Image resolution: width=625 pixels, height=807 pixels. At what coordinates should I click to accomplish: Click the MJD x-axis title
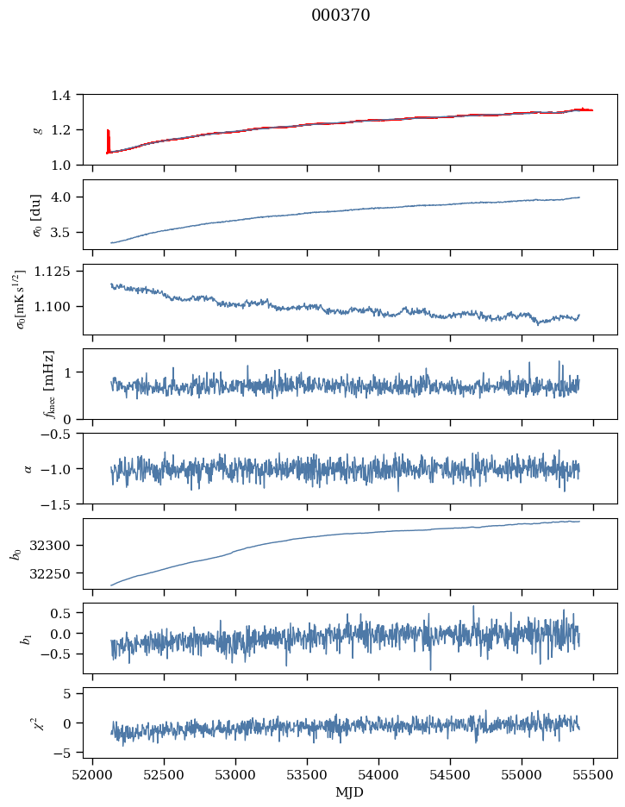click(x=349, y=792)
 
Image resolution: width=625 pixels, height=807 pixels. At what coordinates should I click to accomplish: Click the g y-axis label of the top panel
click(x=37, y=129)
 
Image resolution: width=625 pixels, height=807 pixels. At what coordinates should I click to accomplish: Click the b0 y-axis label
click(x=15, y=554)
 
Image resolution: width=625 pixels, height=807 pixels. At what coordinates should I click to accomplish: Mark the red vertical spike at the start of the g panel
click(x=108, y=141)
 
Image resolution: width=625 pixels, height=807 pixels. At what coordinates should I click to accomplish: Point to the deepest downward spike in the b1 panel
click(x=430, y=669)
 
